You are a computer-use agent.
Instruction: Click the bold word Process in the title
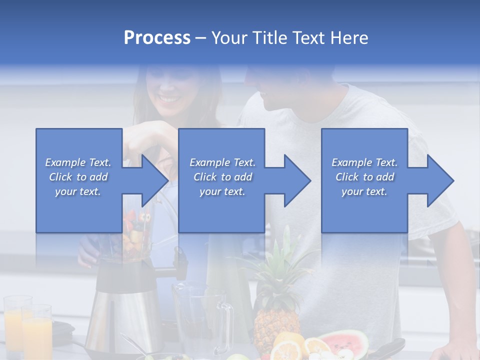(x=157, y=38)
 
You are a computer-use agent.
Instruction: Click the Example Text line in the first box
(x=78, y=162)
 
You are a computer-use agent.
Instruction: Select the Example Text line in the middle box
(x=222, y=162)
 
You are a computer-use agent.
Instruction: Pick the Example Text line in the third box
(x=364, y=162)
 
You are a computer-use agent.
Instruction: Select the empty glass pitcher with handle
(x=200, y=315)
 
